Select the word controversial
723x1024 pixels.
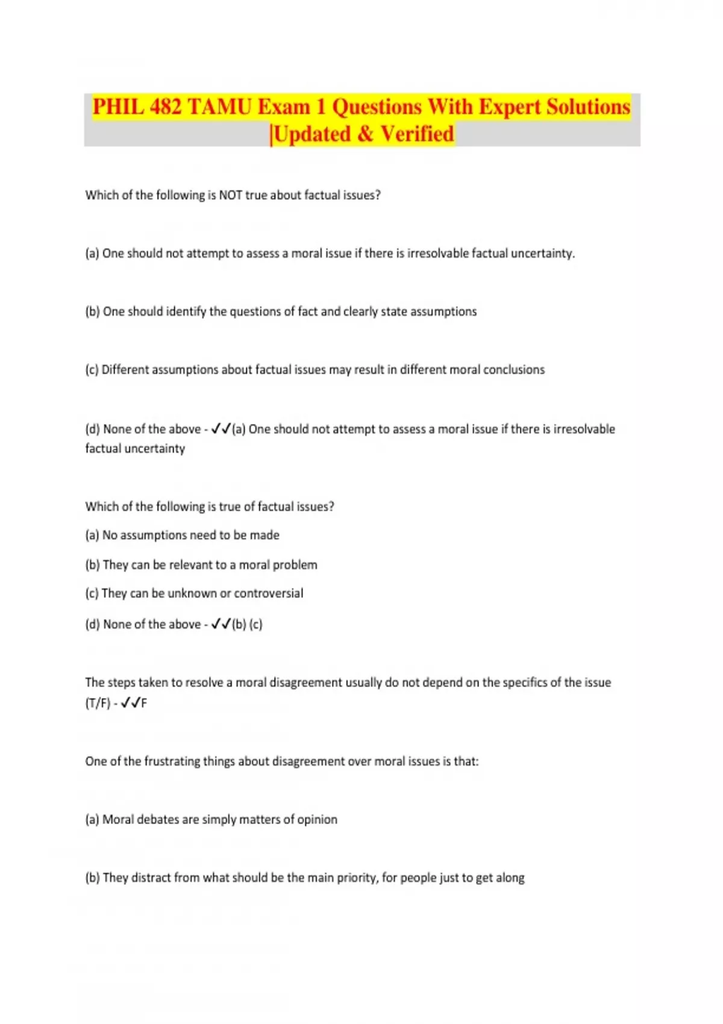(x=268, y=593)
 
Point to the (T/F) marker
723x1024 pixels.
(x=98, y=703)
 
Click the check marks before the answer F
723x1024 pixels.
(x=130, y=703)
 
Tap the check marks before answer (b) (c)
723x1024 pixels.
(x=221, y=625)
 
